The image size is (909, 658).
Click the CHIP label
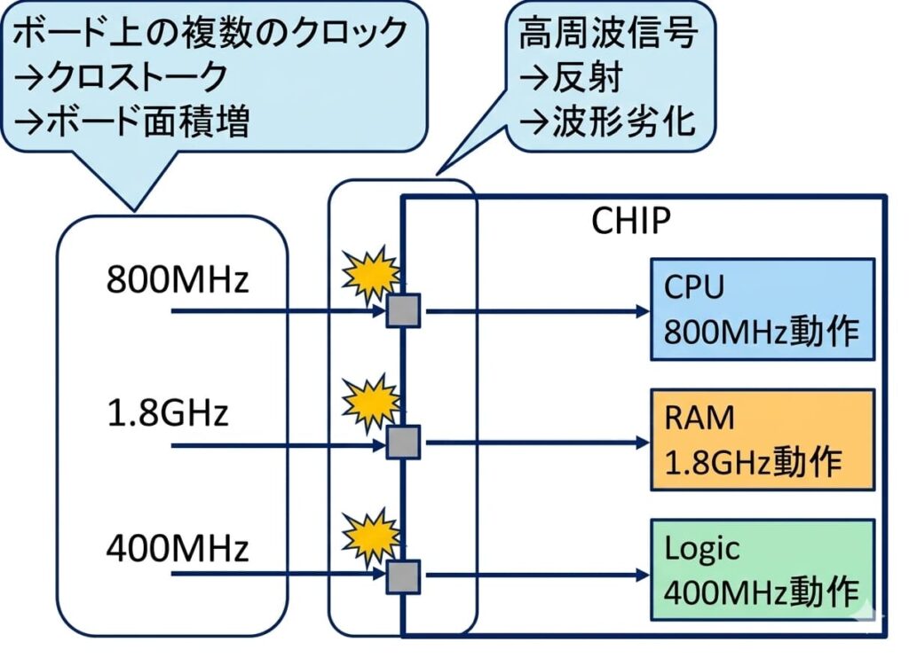click(x=631, y=221)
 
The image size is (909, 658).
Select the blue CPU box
click(x=763, y=309)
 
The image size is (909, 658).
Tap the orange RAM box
click(x=763, y=440)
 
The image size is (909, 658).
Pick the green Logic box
click(x=763, y=570)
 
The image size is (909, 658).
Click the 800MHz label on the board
click(x=178, y=279)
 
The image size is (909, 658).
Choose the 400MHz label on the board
click(x=178, y=549)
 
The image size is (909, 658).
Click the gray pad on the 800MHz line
click(x=403, y=311)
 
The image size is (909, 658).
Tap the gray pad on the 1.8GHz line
click(x=403, y=442)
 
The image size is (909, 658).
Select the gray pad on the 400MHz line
click(x=403, y=576)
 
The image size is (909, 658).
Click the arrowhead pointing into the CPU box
click(x=642, y=311)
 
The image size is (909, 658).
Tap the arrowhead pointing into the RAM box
click(x=642, y=442)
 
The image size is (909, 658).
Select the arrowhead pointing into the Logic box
click(x=642, y=576)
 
